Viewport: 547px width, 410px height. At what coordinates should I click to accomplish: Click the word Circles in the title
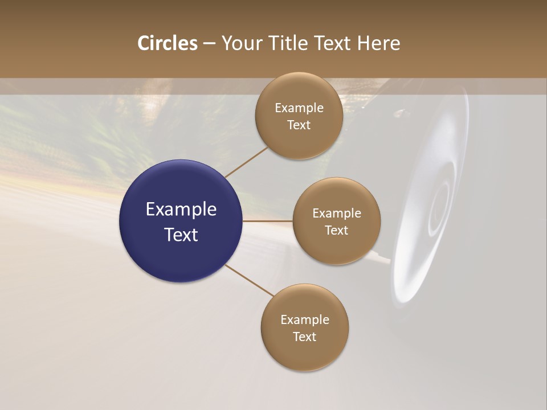tap(167, 43)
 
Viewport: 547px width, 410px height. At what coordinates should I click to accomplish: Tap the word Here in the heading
tap(378, 43)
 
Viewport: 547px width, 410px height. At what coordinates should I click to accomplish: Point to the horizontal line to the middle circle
tap(268, 221)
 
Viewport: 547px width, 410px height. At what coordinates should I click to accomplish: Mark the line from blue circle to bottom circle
tap(250, 280)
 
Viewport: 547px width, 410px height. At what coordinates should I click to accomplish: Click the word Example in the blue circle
tap(181, 210)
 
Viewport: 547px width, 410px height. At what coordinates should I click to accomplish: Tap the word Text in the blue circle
tap(181, 235)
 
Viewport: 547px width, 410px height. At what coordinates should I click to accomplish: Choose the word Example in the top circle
tap(299, 108)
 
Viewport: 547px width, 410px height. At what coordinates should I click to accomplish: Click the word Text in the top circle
tap(299, 125)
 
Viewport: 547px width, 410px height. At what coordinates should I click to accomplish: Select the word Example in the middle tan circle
tap(336, 214)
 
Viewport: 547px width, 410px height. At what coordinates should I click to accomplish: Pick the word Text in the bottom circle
tap(304, 337)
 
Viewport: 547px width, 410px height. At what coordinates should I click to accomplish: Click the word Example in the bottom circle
tap(304, 320)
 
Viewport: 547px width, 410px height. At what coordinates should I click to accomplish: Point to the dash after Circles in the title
tap(209, 43)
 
